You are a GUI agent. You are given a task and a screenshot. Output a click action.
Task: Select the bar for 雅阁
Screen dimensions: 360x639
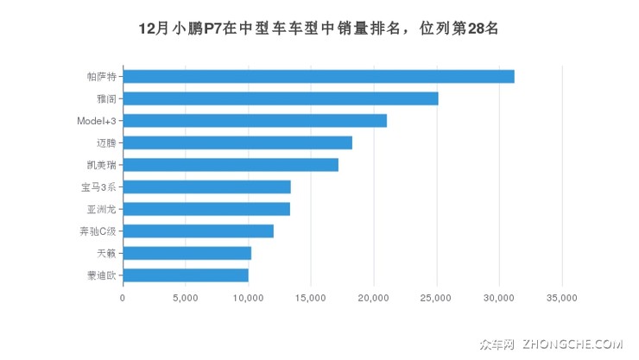click(x=280, y=98)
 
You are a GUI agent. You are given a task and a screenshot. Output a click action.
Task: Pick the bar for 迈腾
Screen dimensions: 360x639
click(x=237, y=142)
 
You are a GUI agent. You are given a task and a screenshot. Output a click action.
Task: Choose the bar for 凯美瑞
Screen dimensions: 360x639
click(x=230, y=165)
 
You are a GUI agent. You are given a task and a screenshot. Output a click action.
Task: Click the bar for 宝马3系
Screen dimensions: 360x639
click(x=206, y=186)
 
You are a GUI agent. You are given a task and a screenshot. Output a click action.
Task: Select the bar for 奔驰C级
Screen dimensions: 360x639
click(x=198, y=231)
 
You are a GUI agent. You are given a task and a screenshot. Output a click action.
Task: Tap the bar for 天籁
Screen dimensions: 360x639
click(x=187, y=253)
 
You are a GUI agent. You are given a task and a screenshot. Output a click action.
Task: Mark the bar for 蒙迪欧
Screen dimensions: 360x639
click(x=185, y=275)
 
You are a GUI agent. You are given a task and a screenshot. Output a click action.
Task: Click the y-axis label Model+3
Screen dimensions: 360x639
click(x=96, y=120)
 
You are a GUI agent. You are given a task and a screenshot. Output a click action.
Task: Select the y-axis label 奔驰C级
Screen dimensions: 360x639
click(x=98, y=231)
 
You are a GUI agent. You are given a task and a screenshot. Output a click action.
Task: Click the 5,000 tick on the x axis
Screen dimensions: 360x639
click(x=185, y=298)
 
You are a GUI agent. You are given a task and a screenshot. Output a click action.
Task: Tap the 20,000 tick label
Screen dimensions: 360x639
click(x=373, y=298)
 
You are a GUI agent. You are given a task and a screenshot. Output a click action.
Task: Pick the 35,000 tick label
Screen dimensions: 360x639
click(x=562, y=298)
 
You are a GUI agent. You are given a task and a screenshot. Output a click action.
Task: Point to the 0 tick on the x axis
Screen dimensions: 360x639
click(x=123, y=298)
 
